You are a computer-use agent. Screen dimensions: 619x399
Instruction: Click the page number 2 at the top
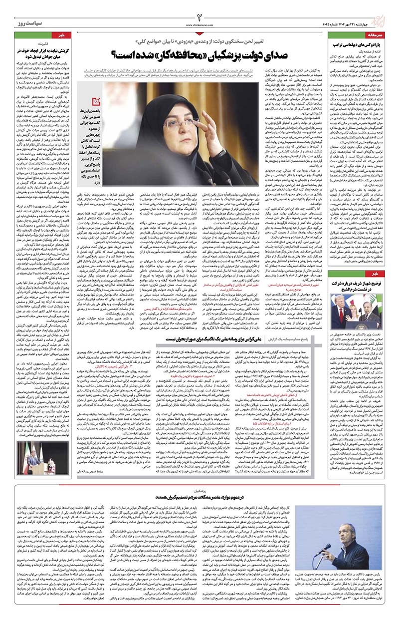coord(199,10)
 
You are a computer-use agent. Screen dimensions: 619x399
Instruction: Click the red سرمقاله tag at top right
coord(377,36)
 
